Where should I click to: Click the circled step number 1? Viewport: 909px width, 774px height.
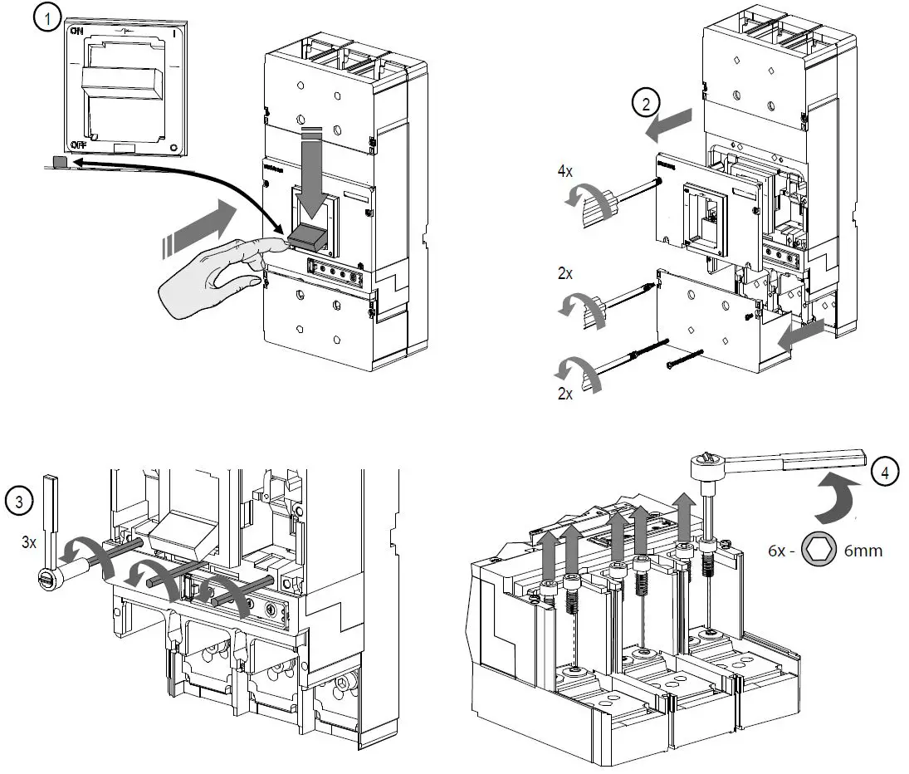coord(48,17)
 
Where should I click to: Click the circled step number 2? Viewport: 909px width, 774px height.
coord(646,103)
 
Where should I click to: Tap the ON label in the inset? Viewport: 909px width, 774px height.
coord(77,31)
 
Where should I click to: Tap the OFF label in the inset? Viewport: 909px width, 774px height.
coord(79,144)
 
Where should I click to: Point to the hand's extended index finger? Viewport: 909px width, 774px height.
coord(264,244)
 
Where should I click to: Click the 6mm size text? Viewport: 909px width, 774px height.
coord(860,550)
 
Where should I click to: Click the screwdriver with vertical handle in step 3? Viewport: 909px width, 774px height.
coord(51,532)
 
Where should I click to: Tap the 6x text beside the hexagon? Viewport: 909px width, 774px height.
coord(776,550)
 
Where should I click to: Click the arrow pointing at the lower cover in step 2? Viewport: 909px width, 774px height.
coord(802,336)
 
